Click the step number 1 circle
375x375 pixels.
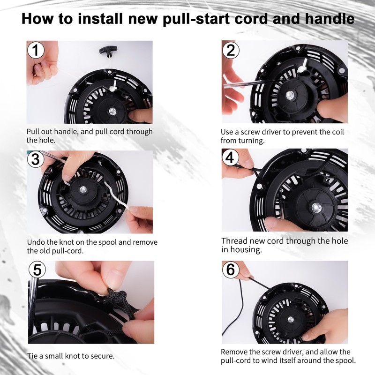[x=36, y=50]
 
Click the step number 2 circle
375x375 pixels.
[x=230, y=50]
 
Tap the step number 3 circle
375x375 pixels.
[x=36, y=159]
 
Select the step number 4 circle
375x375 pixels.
[x=230, y=158]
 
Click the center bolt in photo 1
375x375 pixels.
[x=113, y=111]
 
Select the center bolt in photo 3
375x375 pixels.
[x=83, y=189]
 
